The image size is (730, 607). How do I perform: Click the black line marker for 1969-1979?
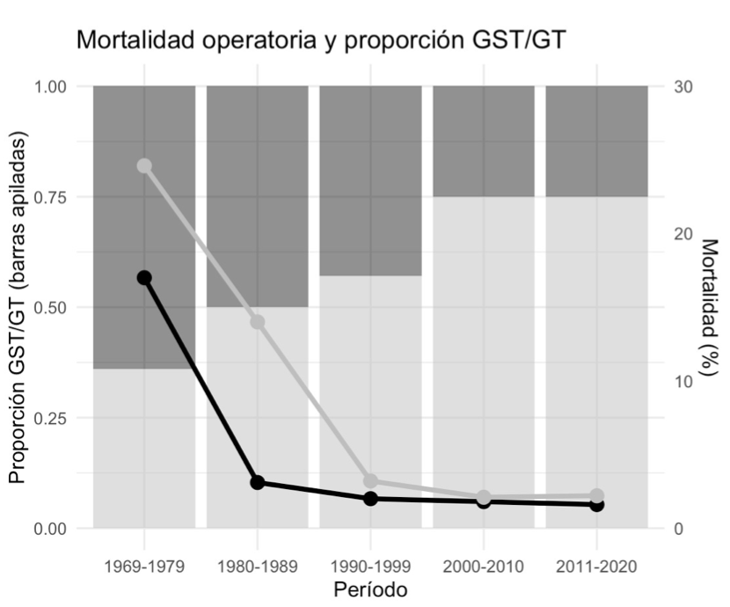(x=144, y=278)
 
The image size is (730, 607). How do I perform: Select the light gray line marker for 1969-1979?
(x=144, y=166)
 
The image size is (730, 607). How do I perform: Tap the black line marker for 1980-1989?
(x=258, y=482)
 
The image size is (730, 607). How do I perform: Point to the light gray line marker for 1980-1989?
(x=258, y=322)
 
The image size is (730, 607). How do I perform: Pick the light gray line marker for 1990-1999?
(x=370, y=481)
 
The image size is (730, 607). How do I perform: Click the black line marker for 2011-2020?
(x=596, y=504)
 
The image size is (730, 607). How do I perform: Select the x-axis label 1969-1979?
(x=144, y=564)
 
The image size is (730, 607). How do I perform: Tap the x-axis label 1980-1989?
(x=258, y=564)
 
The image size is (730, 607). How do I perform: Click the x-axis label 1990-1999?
(x=370, y=564)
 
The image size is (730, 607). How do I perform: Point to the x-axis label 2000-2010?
(x=484, y=564)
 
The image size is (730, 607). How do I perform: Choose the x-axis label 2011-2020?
(x=596, y=564)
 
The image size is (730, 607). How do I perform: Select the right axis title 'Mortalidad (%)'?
(x=707, y=308)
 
